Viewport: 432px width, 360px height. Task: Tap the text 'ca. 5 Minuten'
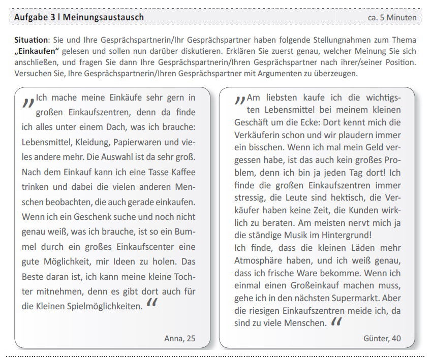pyautogui.click(x=392, y=18)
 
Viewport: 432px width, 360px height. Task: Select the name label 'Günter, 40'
pyautogui.click(x=382, y=338)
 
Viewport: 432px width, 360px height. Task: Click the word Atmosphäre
pyautogui.click(x=259, y=260)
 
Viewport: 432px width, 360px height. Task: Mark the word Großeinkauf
pyautogui.click(x=306, y=285)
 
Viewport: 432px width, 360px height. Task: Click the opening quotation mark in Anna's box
pyautogui.click(x=28, y=102)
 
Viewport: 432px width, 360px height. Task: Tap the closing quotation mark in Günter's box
pyautogui.click(x=336, y=322)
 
